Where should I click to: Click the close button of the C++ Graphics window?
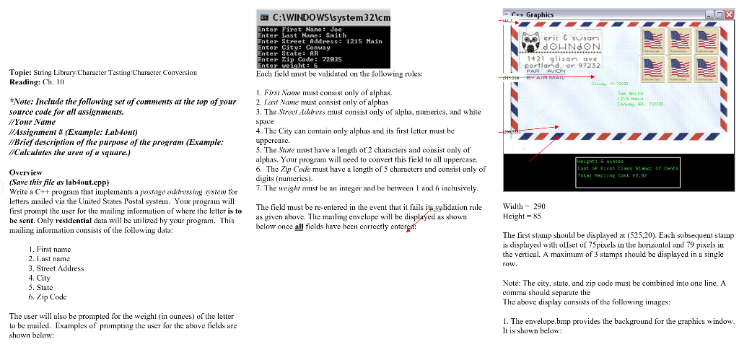pos(728,14)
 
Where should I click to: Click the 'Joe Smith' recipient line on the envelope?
pos(629,93)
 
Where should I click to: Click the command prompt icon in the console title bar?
pos(264,16)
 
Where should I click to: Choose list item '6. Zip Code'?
pos(48,297)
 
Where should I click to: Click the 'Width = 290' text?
pos(524,206)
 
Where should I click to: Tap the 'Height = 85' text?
pos(522,216)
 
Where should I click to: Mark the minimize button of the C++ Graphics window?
pos(708,14)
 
